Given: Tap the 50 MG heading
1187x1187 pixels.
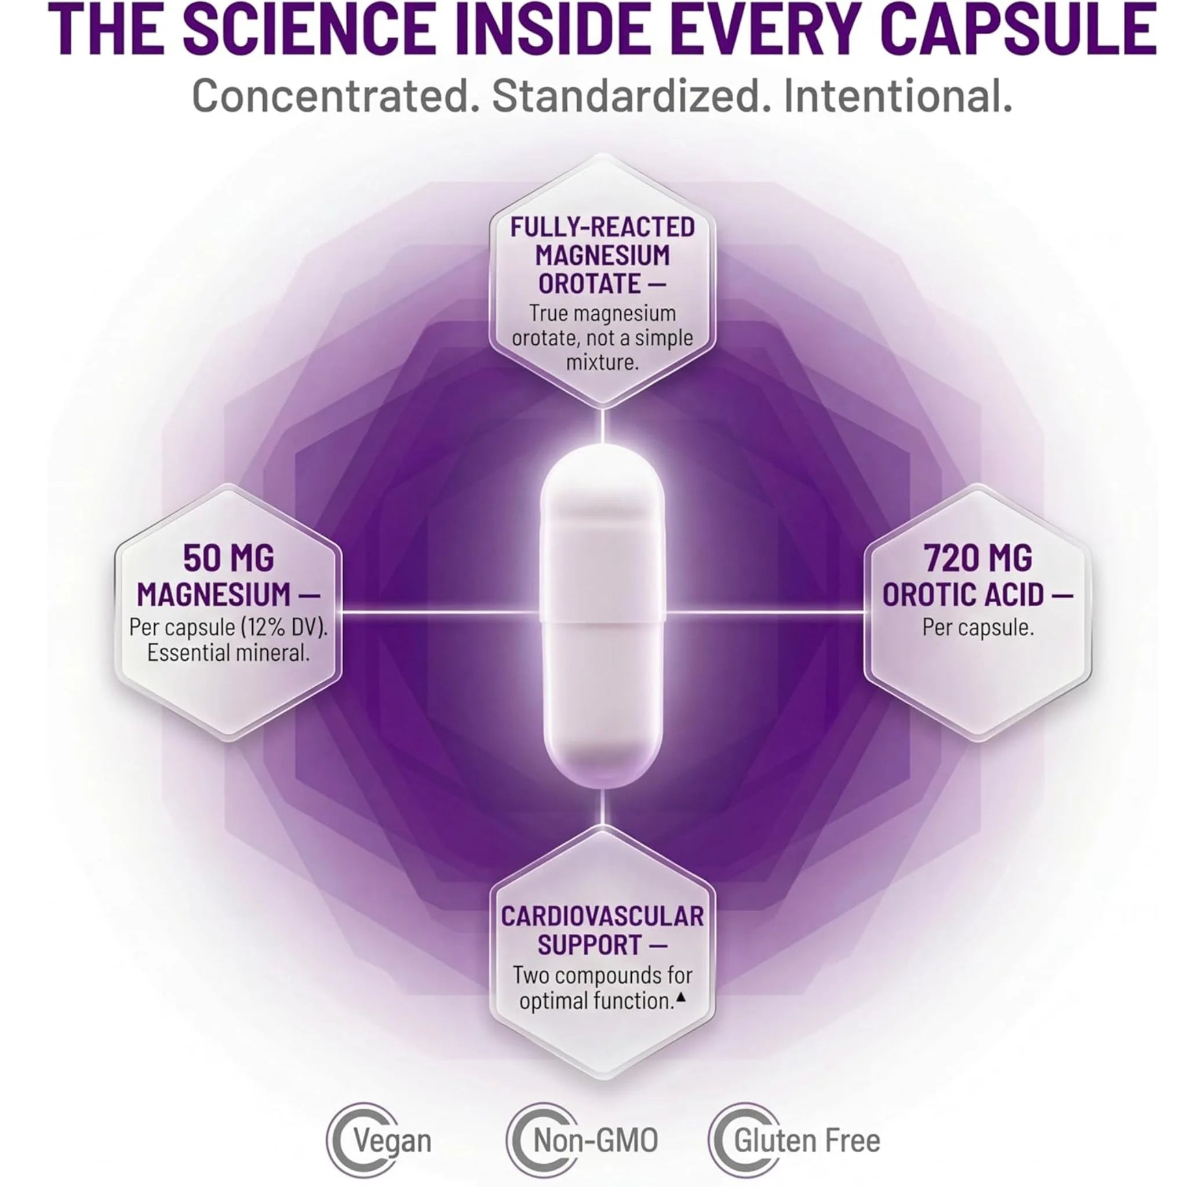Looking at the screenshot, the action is click(228, 559).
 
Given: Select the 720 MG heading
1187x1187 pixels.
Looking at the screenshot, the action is click(979, 559).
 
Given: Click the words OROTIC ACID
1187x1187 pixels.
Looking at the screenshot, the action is click(963, 594).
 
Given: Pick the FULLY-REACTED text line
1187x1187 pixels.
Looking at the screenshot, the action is click(603, 227).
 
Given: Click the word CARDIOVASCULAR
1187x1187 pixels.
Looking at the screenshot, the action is click(602, 917).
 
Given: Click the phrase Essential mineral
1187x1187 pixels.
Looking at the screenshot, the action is click(228, 653).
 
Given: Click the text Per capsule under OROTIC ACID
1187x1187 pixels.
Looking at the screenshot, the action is click(978, 627).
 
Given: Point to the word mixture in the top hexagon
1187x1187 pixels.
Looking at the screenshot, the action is click(602, 362).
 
